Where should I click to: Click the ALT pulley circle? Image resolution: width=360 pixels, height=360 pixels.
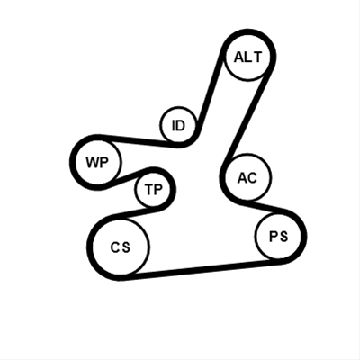click(248, 57)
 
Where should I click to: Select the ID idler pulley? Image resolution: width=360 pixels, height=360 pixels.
click(178, 125)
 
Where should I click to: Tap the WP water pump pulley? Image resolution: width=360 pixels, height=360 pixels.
click(98, 162)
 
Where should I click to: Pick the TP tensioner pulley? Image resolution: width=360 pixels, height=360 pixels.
click(153, 189)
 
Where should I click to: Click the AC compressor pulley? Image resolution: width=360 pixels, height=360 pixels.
click(248, 177)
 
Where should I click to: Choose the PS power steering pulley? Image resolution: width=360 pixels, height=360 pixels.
click(278, 236)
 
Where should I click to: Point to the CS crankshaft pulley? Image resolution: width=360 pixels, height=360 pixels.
click(121, 247)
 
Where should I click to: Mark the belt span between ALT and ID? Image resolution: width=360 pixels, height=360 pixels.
click(209, 93)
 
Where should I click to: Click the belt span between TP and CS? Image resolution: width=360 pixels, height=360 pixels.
click(135, 212)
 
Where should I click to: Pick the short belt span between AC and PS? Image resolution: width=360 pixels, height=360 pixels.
click(264, 207)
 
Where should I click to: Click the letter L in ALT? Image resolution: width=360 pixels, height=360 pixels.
click(247, 57)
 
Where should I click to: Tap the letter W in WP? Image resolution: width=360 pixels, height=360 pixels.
click(92, 163)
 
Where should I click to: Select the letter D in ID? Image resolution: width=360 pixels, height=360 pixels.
click(181, 125)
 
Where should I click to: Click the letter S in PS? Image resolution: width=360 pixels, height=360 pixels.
click(283, 237)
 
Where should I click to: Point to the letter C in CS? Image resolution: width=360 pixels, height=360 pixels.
click(115, 247)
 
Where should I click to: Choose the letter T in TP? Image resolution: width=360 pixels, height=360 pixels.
click(149, 190)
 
